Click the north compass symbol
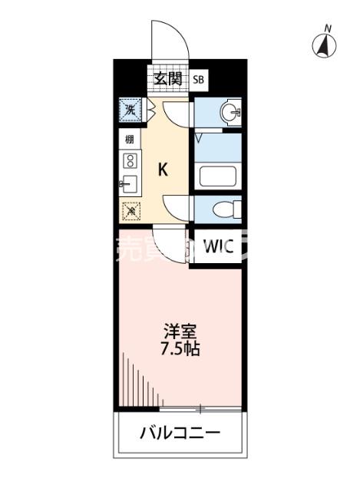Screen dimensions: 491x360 [x=326, y=47]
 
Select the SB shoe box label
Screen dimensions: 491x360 [x=199, y=79]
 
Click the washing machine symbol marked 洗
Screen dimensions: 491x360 [x=130, y=110]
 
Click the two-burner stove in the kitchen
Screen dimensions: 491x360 [x=130, y=161]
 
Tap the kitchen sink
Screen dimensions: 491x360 [x=129, y=184]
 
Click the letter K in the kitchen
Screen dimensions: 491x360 [x=163, y=170]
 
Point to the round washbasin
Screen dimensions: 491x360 [x=228, y=114]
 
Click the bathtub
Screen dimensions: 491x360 [x=219, y=176]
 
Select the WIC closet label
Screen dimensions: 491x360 [x=218, y=247]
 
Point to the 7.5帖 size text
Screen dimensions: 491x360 [x=181, y=349]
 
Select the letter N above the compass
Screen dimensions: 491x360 [x=327, y=28]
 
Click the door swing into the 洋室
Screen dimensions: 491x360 [x=167, y=239]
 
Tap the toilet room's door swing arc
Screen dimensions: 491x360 [x=175, y=205]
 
